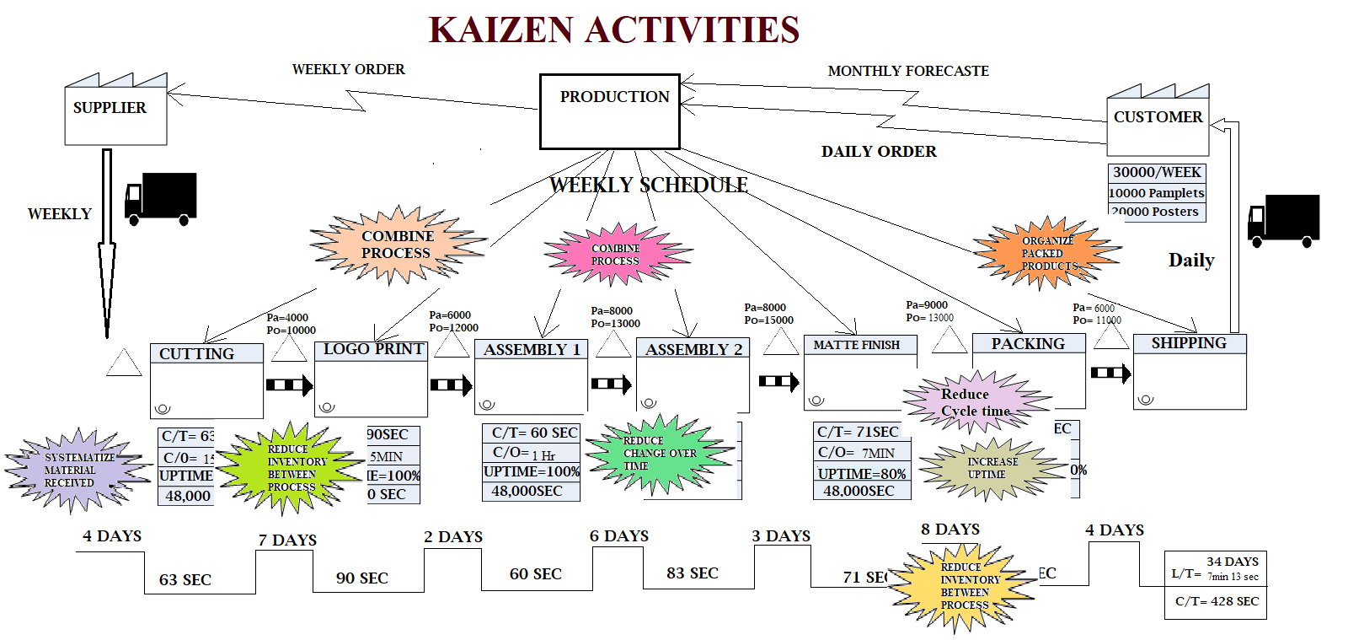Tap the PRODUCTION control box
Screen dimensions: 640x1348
(x=610, y=111)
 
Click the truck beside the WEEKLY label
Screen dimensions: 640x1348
(x=161, y=199)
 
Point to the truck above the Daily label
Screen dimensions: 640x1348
(x=1283, y=221)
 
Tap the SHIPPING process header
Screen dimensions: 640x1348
(x=1189, y=343)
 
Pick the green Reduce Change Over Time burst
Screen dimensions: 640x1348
(x=660, y=454)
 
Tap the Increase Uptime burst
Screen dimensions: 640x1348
(x=992, y=469)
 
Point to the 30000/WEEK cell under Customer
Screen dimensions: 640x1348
(x=1157, y=172)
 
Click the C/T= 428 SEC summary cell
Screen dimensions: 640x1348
(x=1216, y=601)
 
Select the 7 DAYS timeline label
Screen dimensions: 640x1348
(x=287, y=540)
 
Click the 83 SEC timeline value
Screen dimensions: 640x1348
(x=692, y=573)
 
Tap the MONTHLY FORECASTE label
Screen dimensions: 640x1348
(x=908, y=72)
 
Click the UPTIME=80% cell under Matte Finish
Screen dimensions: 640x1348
(x=861, y=473)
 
